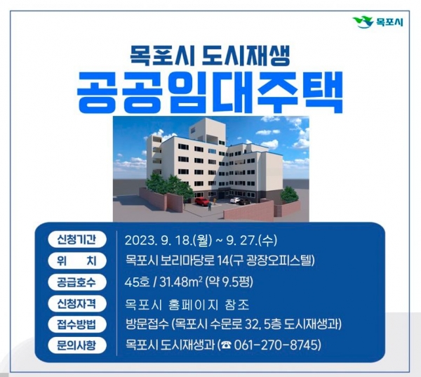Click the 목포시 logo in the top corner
click(378, 22)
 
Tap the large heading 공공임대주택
click(210, 93)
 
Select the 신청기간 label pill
click(76, 239)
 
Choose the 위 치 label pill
click(76, 260)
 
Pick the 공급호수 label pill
click(76, 282)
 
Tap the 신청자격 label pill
click(76, 303)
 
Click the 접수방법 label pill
click(76, 324)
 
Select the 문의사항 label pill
click(76, 345)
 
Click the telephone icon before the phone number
click(227, 345)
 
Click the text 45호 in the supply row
click(137, 282)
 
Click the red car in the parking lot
click(201, 201)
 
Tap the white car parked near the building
click(235, 200)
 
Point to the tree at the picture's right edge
click(289, 194)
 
